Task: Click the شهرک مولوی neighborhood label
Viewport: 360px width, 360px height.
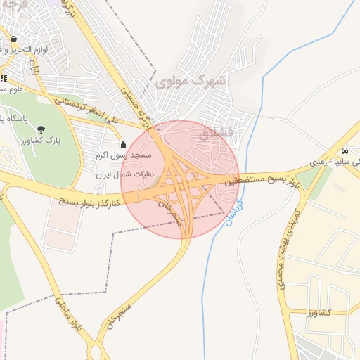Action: [198, 81]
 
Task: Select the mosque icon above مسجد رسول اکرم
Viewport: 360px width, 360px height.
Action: [123, 145]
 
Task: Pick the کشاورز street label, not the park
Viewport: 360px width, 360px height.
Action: [322, 314]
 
